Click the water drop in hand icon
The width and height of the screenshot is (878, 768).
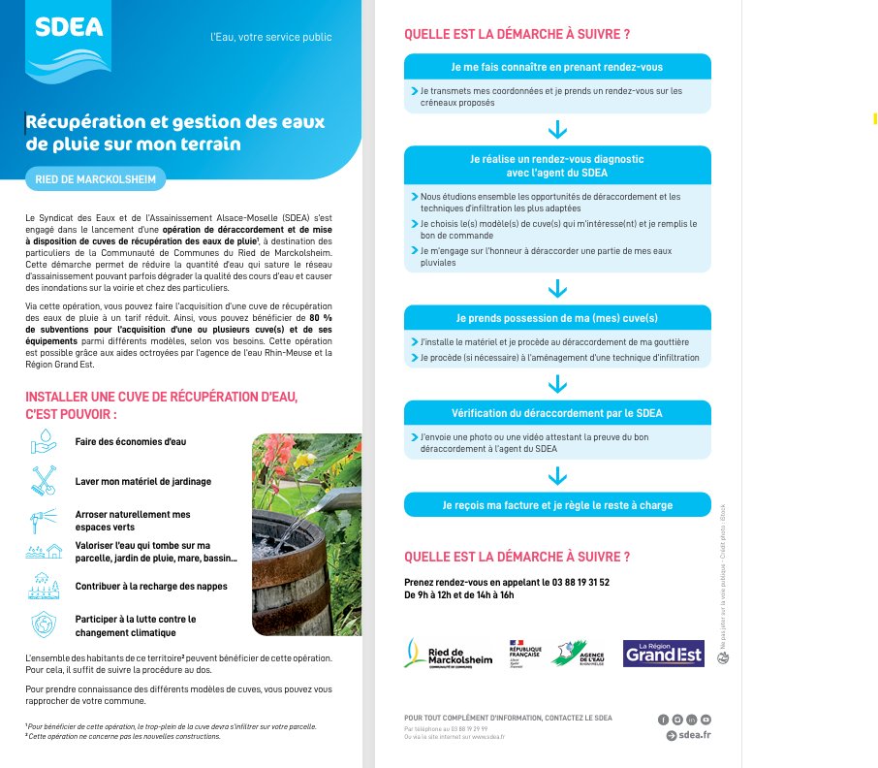45,442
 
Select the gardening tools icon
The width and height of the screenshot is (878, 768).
45,480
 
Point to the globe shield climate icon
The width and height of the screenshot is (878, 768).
45,624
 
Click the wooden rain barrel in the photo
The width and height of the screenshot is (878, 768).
290,572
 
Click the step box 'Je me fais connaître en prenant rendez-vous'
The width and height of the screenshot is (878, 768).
557,67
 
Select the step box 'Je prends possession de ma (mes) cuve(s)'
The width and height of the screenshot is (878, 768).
557,318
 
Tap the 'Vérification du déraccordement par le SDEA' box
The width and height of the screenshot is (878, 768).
557,413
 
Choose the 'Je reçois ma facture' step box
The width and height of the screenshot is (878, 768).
557,504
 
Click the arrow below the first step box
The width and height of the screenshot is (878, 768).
557,130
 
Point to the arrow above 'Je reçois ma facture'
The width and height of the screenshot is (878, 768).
557,475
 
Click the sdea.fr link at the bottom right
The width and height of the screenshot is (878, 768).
689,736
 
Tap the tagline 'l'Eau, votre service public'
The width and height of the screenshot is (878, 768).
271,37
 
